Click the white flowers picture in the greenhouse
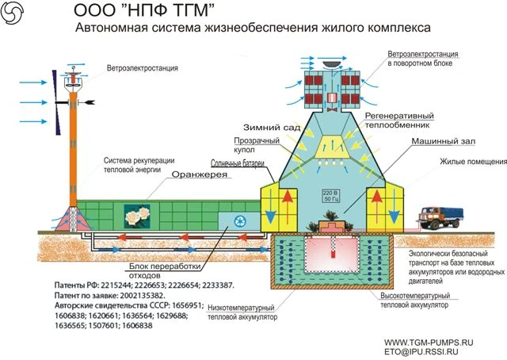tap(135, 213)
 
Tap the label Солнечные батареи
tap(233, 163)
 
